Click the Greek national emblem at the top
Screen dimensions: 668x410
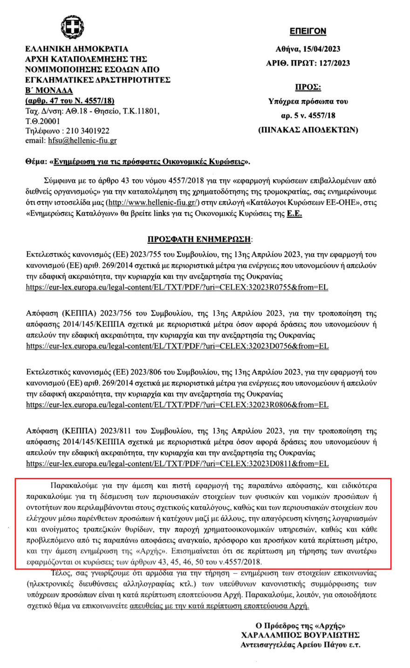tap(72, 28)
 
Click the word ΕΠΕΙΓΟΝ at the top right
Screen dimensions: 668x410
tap(307, 31)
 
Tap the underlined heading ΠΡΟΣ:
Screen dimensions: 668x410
tap(308, 88)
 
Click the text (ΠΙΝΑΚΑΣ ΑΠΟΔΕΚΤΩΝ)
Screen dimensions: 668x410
tap(308, 130)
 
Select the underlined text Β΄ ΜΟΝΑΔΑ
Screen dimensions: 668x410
tap(49, 90)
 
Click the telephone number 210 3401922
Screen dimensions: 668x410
tap(88, 131)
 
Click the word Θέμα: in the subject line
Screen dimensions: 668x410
tap(38, 163)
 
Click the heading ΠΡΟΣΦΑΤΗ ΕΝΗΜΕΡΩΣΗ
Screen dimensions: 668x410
tap(199, 240)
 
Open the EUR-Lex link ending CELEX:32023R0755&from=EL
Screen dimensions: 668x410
tap(177, 287)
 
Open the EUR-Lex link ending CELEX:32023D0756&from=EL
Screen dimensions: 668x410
tap(178, 346)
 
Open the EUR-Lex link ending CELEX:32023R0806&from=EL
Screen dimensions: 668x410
tap(177, 405)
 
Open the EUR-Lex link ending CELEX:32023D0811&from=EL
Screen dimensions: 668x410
tap(178, 464)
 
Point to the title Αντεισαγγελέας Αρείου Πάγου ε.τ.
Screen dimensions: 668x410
tap(300, 645)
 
